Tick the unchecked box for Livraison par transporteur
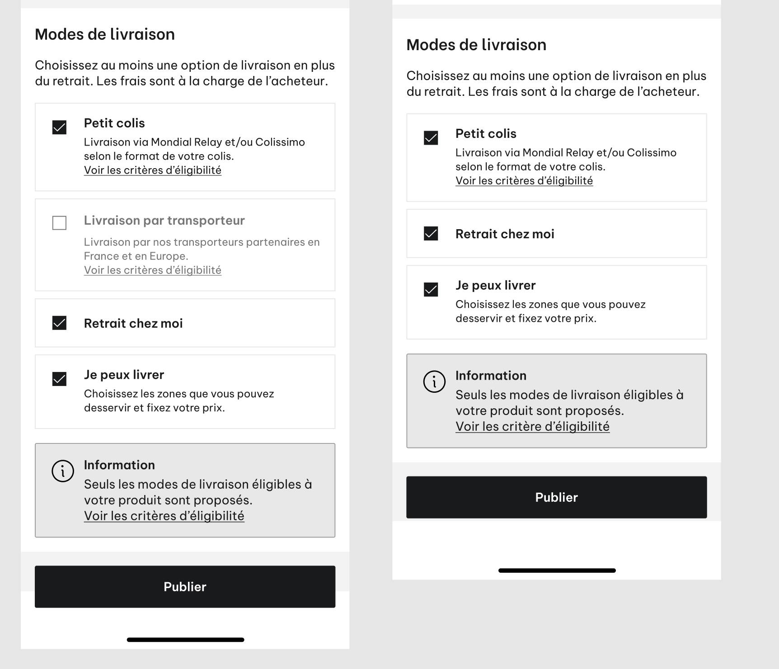pyautogui.click(x=59, y=223)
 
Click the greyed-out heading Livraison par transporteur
pyautogui.click(x=164, y=221)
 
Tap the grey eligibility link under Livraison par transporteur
pyautogui.click(x=152, y=270)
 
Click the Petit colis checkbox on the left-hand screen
pyautogui.click(x=59, y=127)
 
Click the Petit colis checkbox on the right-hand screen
pyautogui.click(x=431, y=138)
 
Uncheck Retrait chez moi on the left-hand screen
pyautogui.click(x=59, y=323)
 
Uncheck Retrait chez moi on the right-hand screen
pyautogui.click(x=431, y=234)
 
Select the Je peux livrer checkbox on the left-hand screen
pyautogui.click(x=59, y=379)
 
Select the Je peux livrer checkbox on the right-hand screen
pyautogui.click(x=431, y=289)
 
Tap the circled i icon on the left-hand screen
pyautogui.click(x=63, y=471)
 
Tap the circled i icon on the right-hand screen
pyautogui.click(x=434, y=382)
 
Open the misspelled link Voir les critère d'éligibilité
pyautogui.click(x=532, y=427)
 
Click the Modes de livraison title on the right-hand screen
pyautogui.click(x=476, y=45)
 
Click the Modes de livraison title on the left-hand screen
pyautogui.click(x=105, y=34)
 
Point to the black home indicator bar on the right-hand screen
pyautogui.click(x=557, y=570)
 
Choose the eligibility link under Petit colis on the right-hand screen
pyautogui.click(x=524, y=181)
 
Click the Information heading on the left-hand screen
pyautogui.click(x=119, y=465)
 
